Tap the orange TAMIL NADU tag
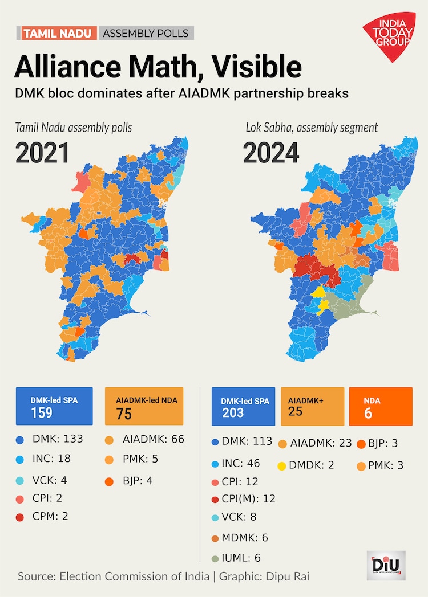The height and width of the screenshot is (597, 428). [x=58, y=33]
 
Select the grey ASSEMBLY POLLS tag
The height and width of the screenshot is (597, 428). [x=146, y=33]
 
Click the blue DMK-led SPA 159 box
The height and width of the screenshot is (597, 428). [x=54, y=406]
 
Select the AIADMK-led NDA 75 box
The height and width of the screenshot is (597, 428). [x=144, y=406]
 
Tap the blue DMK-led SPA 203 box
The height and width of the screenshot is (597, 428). [x=243, y=406]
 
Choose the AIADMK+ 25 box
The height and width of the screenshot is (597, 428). [x=312, y=406]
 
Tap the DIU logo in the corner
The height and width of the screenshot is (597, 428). [x=386, y=565]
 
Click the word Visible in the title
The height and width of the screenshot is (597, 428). [x=252, y=67]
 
